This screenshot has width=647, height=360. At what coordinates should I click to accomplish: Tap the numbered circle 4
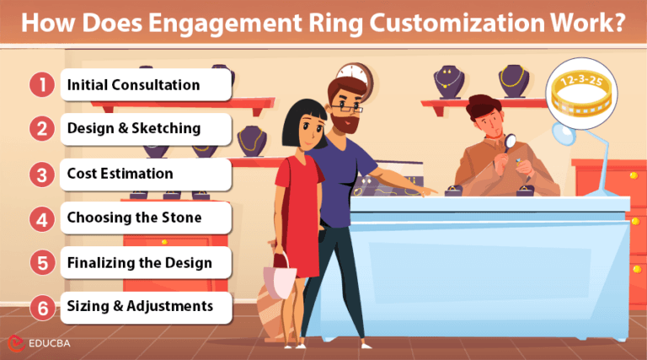[39, 219]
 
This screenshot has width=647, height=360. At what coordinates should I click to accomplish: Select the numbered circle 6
[39, 308]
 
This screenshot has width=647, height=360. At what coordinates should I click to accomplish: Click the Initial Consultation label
[133, 85]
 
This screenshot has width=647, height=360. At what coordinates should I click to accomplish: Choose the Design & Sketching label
[133, 129]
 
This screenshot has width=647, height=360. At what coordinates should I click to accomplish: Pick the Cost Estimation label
[120, 174]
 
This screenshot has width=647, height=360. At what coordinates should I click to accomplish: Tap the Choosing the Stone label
[135, 218]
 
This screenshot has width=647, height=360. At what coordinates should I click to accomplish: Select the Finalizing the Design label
[139, 263]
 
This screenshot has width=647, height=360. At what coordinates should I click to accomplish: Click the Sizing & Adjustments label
[140, 307]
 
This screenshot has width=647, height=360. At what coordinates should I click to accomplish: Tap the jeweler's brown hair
[484, 105]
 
